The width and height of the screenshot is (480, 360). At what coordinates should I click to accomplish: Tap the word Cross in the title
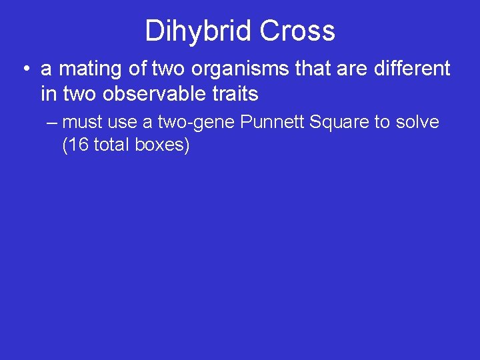tap(298, 31)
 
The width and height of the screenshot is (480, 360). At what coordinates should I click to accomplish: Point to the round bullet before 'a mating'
tap(24, 69)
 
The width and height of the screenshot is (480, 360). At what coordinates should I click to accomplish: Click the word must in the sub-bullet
tap(83, 122)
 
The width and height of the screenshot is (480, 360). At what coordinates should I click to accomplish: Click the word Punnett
tap(268, 122)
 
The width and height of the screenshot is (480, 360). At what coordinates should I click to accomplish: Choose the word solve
tap(417, 122)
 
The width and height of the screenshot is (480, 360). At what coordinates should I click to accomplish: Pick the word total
tap(112, 145)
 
